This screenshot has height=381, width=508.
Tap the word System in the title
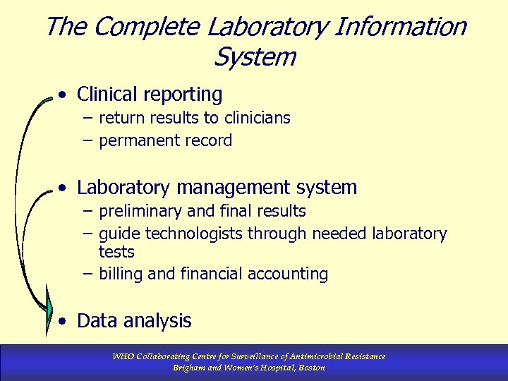[253, 56]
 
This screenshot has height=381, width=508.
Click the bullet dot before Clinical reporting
[64, 94]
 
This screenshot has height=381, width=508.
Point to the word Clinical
[108, 94]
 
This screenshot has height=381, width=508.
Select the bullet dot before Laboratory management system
[64, 188]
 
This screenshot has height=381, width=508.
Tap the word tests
[116, 252]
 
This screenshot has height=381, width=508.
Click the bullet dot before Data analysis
[64, 322]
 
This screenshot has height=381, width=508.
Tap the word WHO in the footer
[124, 356]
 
